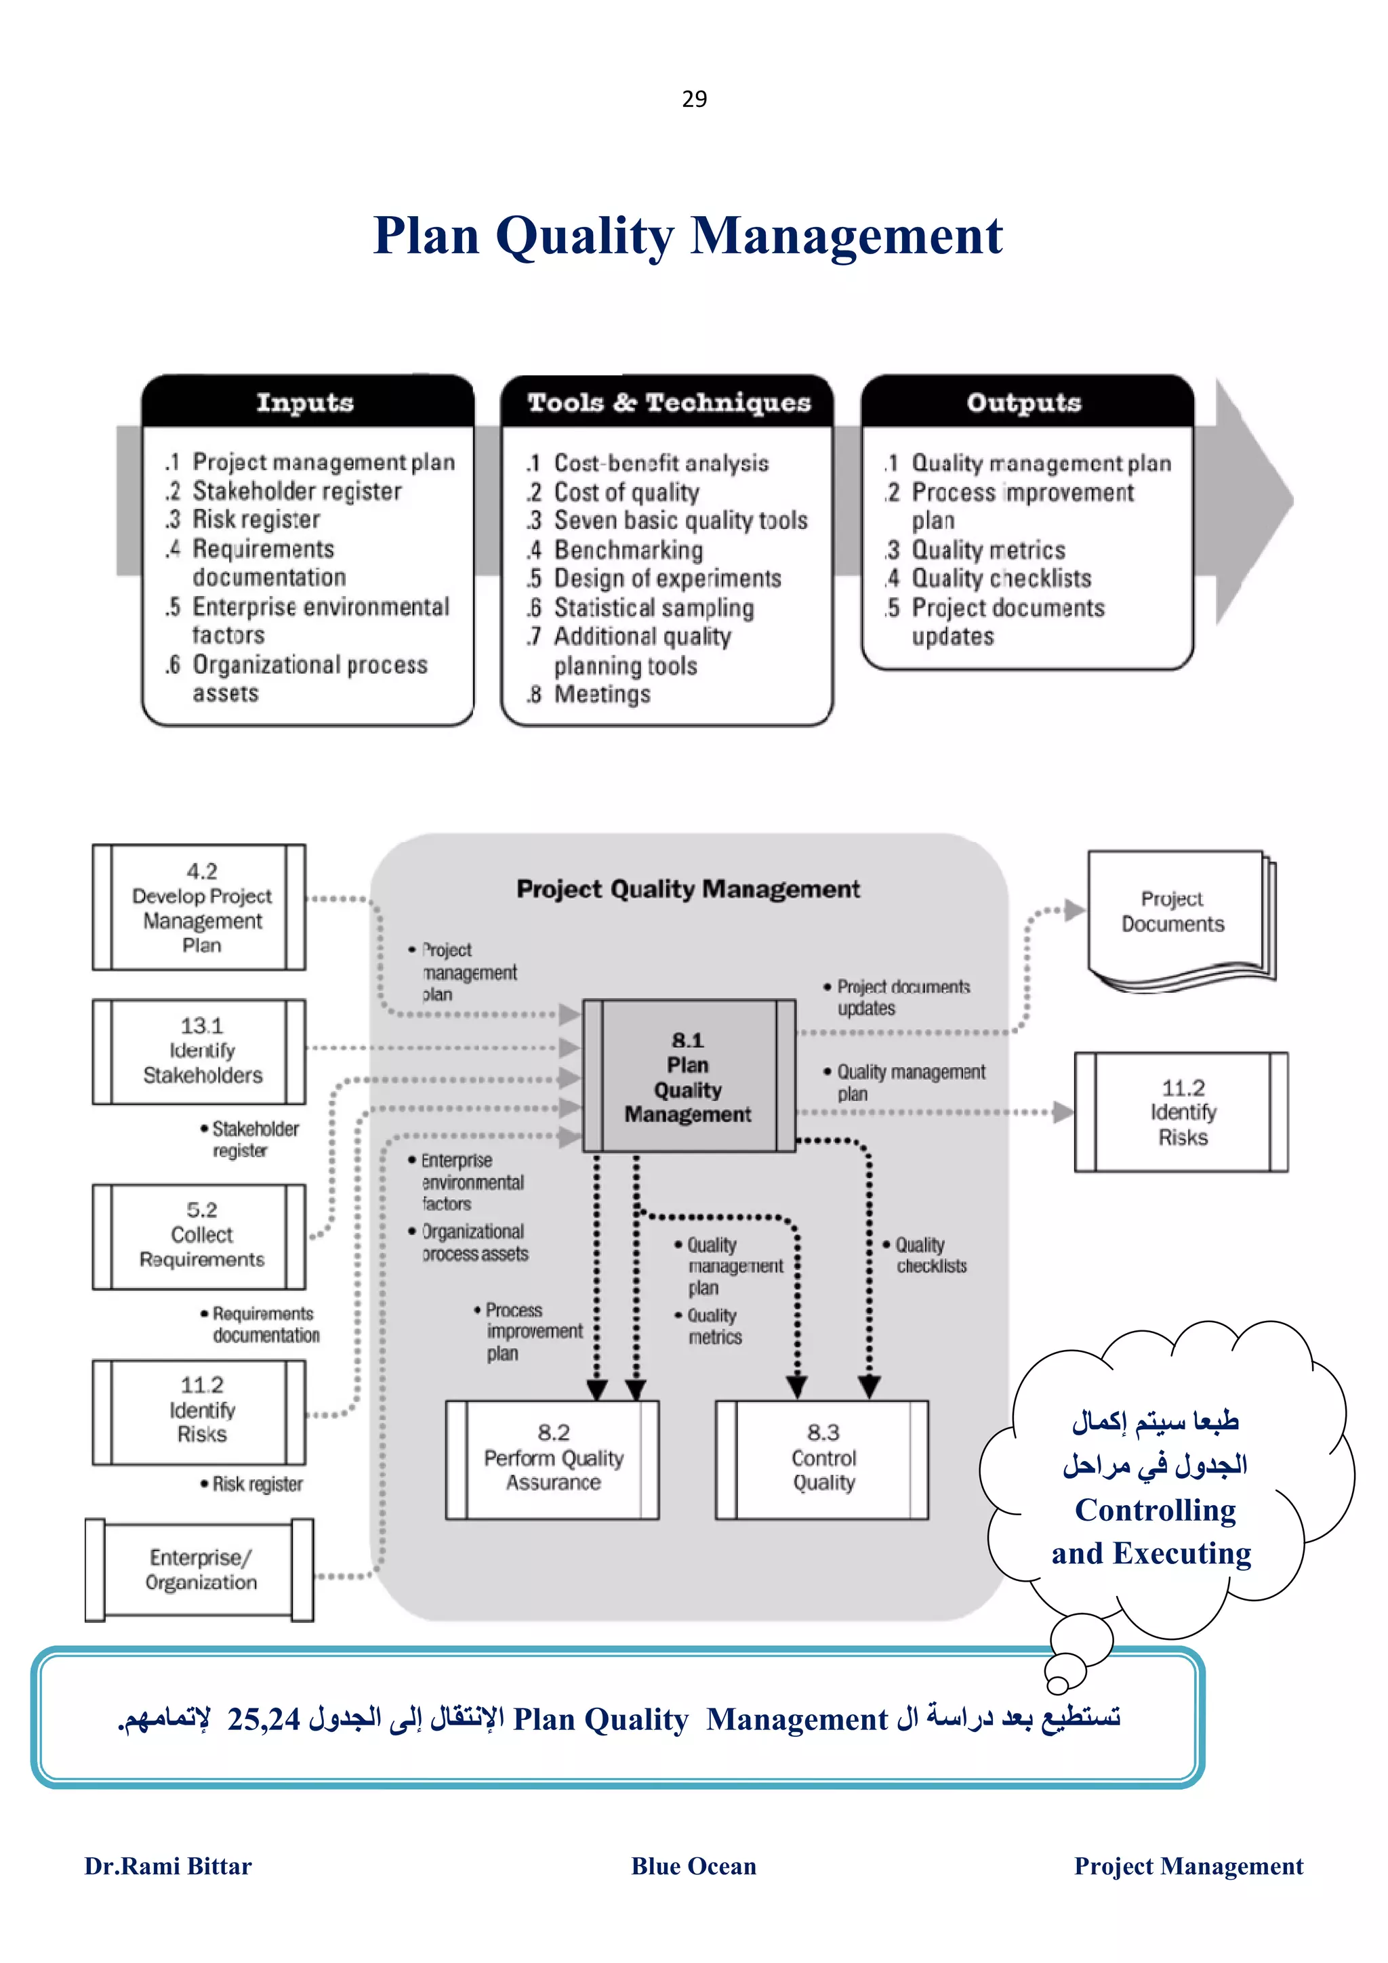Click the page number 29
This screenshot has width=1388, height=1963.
(x=693, y=99)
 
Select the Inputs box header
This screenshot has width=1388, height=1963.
(x=305, y=402)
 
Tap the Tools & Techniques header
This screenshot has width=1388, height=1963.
(x=668, y=402)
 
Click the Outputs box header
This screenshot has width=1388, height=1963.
(x=1023, y=402)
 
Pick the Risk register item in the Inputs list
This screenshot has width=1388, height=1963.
(x=256, y=519)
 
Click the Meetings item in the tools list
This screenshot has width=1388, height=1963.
(x=601, y=694)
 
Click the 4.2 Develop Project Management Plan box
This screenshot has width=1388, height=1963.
(x=200, y=907)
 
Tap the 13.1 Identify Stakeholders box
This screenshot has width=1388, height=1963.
(x=200, y=1051)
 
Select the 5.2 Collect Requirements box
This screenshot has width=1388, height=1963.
(x=200, y=1236)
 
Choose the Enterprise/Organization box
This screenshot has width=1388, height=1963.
(x=200, y=1569)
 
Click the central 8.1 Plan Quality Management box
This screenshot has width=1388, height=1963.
(x=688, y=1076)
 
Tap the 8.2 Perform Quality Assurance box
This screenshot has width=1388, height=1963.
(x=552, y=1458)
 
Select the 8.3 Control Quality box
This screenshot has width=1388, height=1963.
(x=823, y=1458)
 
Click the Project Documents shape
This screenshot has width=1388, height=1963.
(x=1172, y=912)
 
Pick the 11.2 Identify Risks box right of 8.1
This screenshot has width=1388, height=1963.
(x=1182, y=1112)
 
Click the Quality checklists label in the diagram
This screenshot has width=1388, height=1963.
(x=930, y=1255)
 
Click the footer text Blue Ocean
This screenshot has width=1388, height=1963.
(x=693, y=1865)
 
